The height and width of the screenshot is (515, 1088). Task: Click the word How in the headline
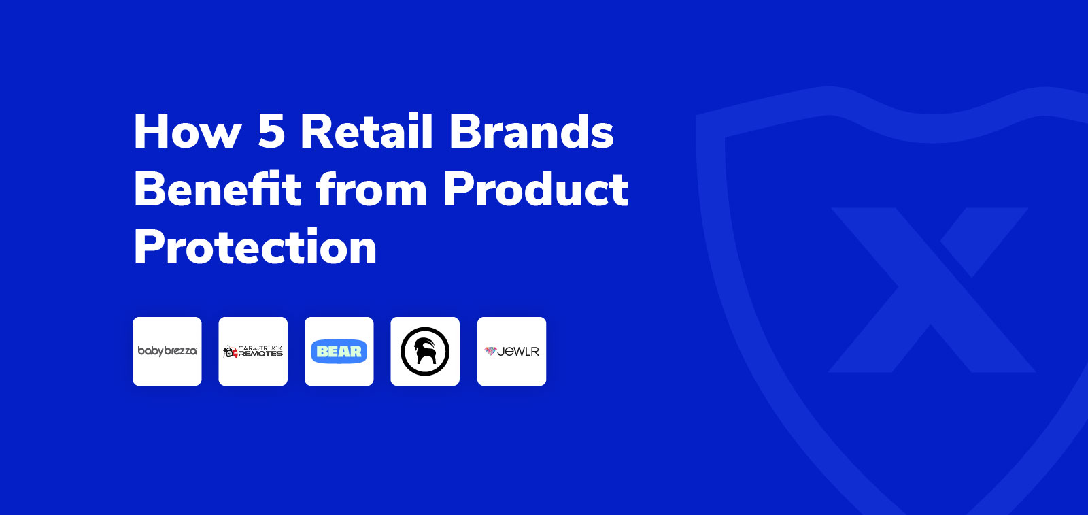[x=188, y=131]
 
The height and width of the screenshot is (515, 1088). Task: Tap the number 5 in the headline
[x=271, y=131]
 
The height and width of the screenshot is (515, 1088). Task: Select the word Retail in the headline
[x=367, y=131]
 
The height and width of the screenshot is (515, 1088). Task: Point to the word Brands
[x=531, y=131]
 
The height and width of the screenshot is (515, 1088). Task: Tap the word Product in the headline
[x=535, y=189]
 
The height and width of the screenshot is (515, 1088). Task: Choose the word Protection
[x=255, y=247]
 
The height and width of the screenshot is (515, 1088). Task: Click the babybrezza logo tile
[x=167, y=351]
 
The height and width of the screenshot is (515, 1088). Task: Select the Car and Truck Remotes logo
[x=253, y=351]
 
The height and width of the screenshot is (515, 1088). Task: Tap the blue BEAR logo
[x=339, y=352]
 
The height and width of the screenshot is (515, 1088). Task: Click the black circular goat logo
[x=425, y=351]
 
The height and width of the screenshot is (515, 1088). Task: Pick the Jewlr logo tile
[x=511, y=351]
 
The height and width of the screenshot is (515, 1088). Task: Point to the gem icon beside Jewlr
[x=490, y=351]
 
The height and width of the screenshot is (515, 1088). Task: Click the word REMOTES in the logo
[x=260, y=354]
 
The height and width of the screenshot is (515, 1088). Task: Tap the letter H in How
[x=150, y=131]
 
